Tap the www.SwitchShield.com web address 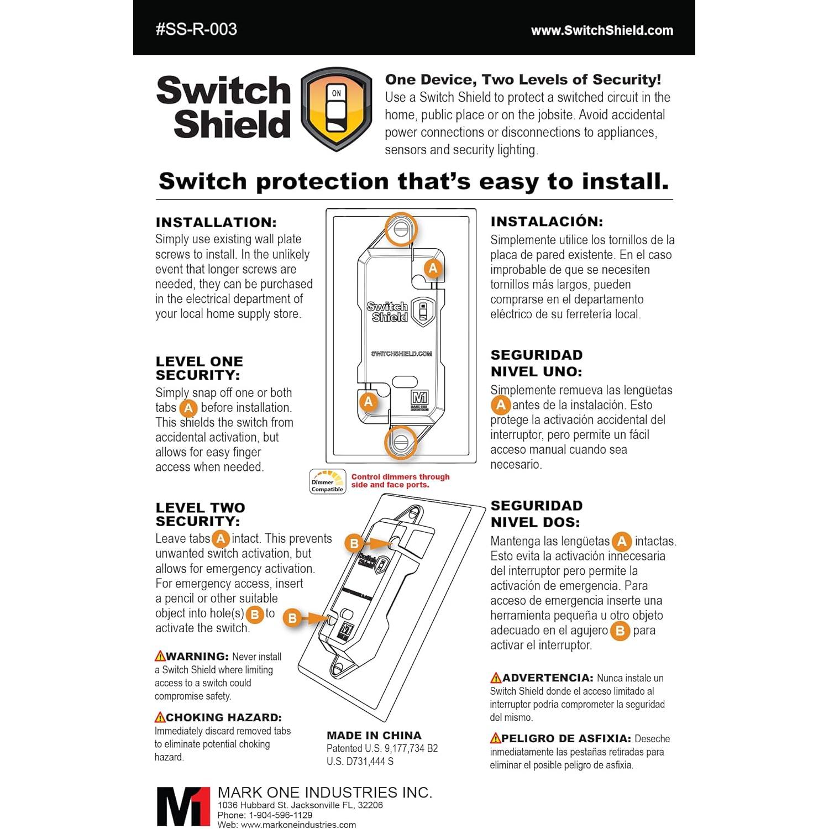tap(602, 31)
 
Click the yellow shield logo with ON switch tap(336, 109)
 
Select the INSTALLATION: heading tap(216, 223)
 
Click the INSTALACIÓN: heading tap(547, 222)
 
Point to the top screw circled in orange tap(401, 228)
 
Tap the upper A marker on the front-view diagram tap(433, 269)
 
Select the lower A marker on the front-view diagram tap(369, 402)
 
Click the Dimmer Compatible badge tap(327, 481)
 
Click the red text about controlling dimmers tap(400, 481)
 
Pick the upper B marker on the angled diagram tap(354, 543)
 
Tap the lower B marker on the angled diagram tap(292, 618)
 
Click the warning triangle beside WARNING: tap(160, 657)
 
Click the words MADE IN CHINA tap(374, 736)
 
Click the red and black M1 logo tap(182, 806)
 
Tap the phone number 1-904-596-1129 tap(280, 815)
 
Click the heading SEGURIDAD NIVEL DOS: tap(536, 514)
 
